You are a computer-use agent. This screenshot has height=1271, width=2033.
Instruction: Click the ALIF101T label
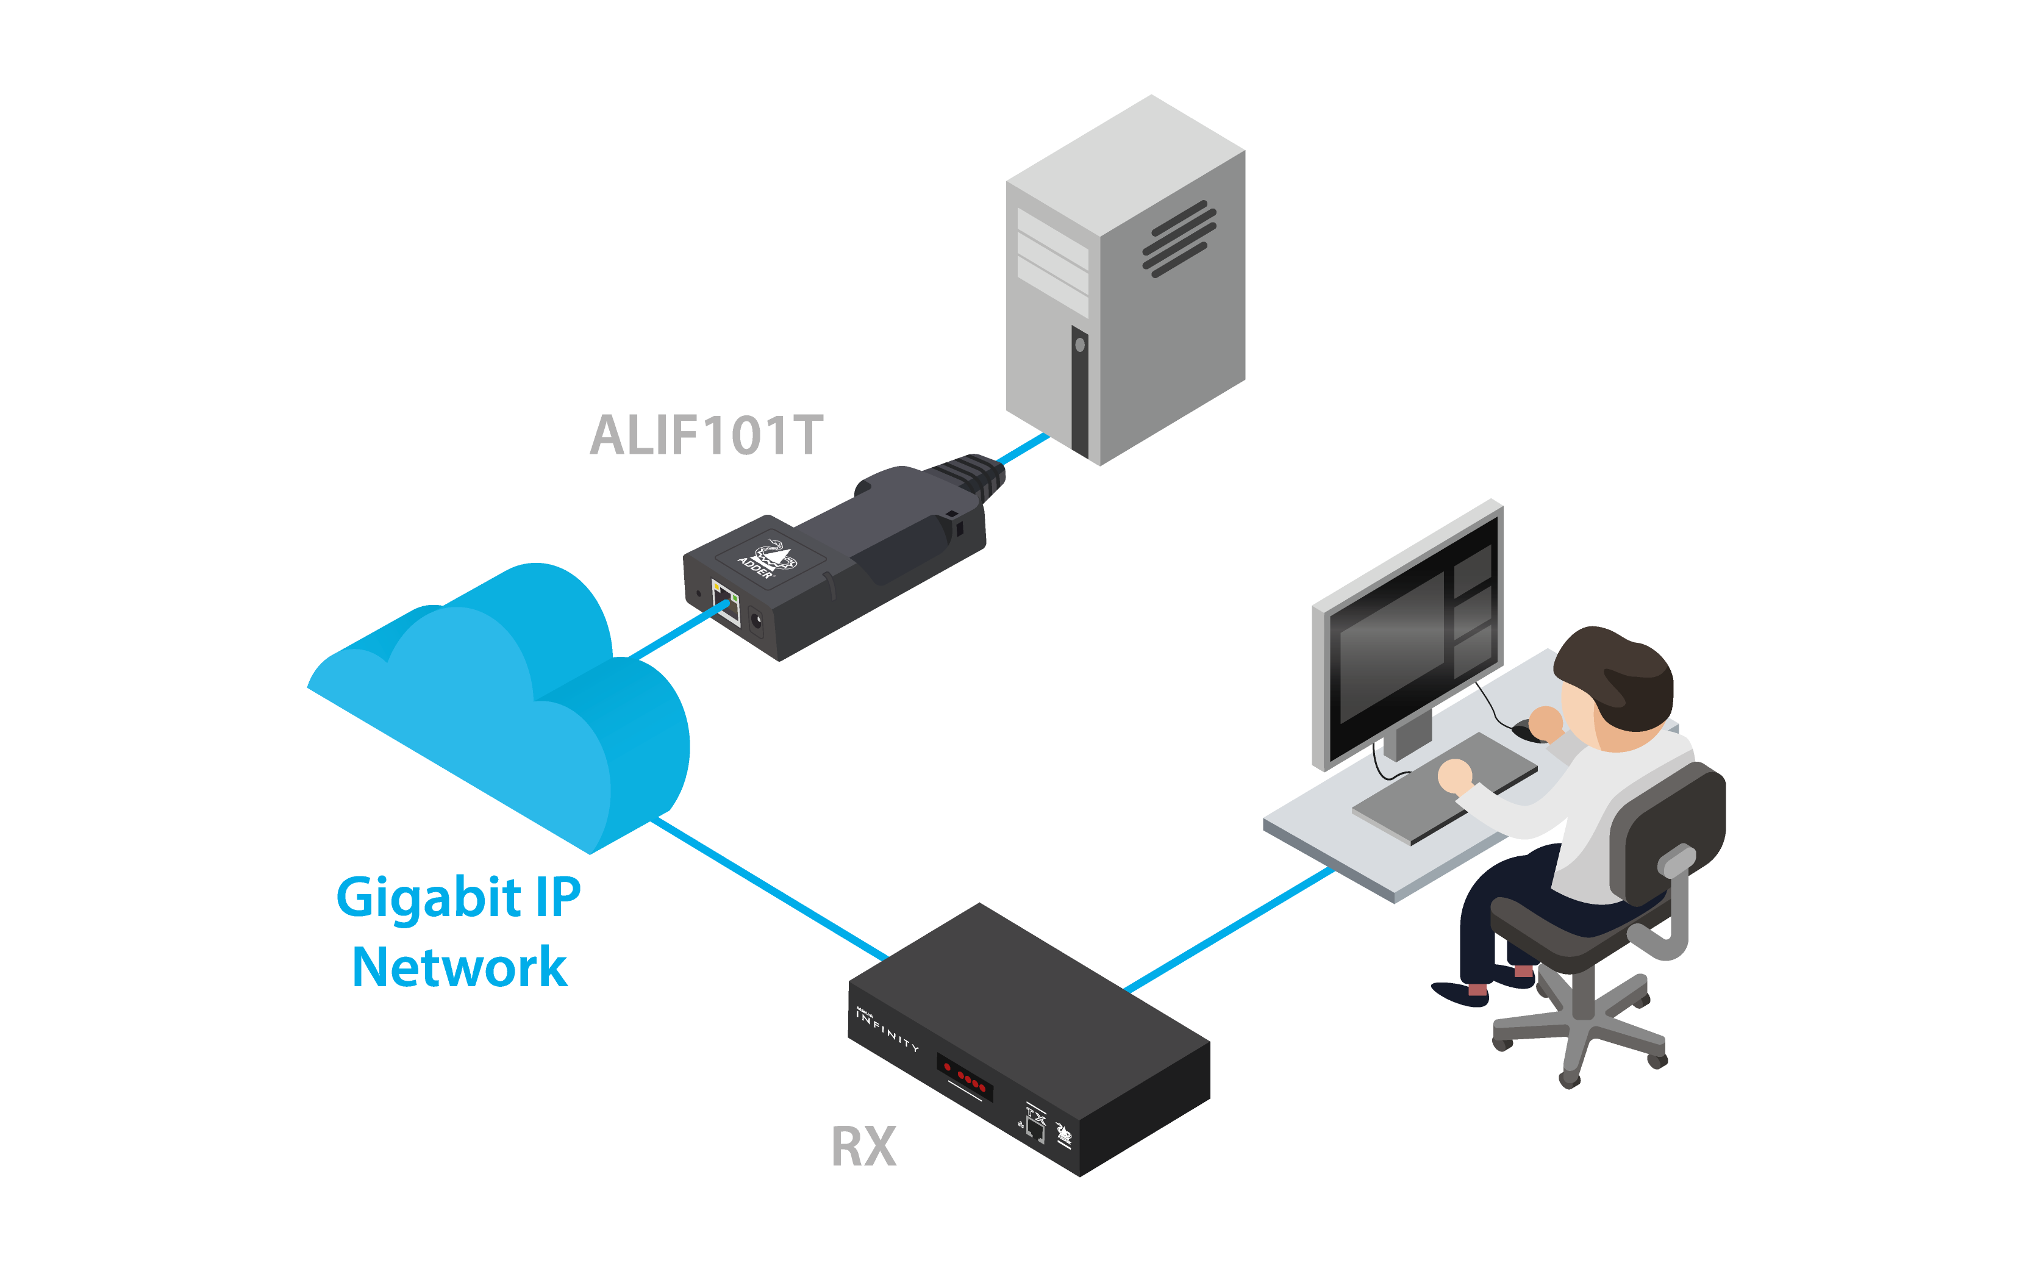click(706, 435)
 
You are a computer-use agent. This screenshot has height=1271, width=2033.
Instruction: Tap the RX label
click(863, 1147)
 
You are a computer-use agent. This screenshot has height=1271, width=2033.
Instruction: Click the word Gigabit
click(429, 898)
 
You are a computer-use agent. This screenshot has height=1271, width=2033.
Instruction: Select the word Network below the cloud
click(459, 967)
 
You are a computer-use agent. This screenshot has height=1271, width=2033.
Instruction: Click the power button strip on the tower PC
click(1080, 391)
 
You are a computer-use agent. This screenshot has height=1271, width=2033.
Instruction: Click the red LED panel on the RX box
click(965, 1076)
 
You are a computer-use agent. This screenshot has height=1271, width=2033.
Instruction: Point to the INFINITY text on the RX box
click(887, 1029)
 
